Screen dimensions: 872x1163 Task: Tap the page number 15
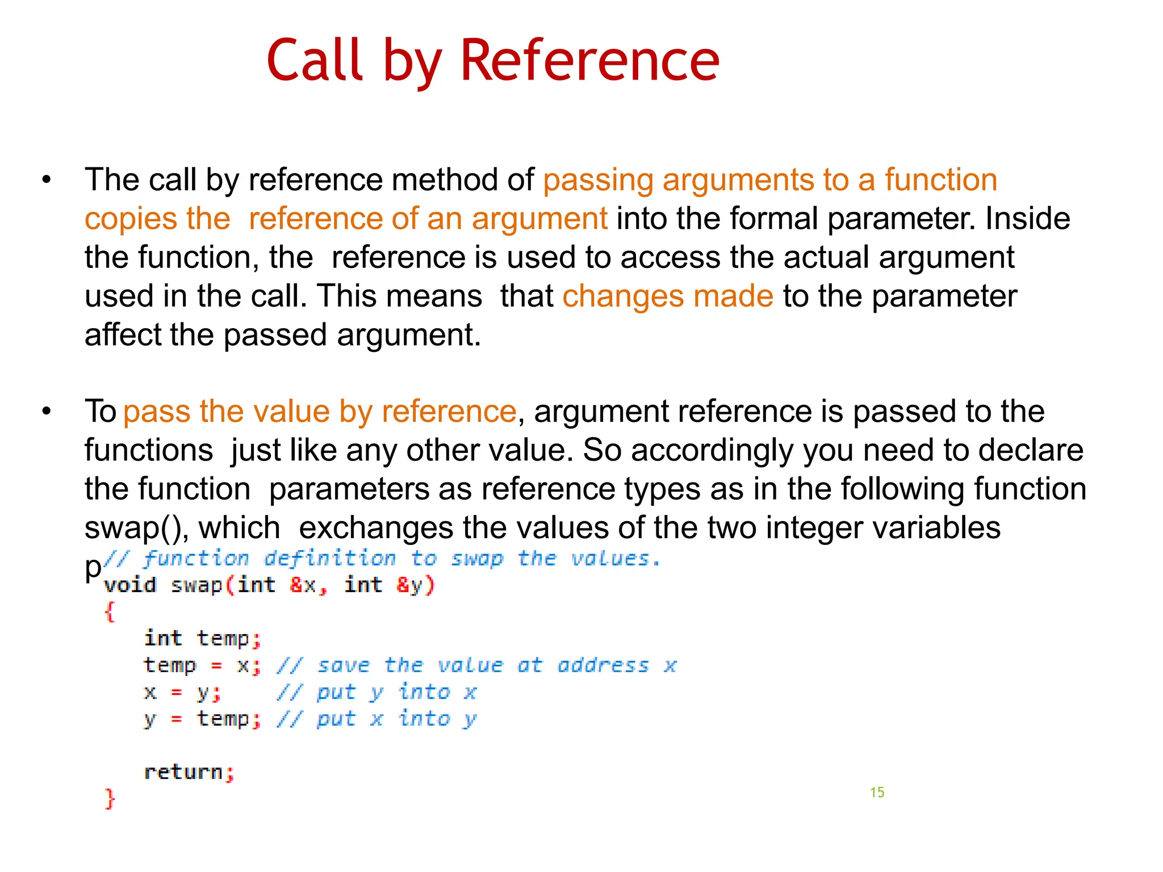[877, 793]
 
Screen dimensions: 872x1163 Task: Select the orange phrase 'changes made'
[668, 296]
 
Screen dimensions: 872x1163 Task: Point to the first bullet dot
[47, 181]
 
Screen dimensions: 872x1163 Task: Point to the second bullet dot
[47, 412]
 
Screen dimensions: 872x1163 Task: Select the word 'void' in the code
[130, 585]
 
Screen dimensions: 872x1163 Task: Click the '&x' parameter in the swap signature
[303, 585]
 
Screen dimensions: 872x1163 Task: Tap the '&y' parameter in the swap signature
[410, 585]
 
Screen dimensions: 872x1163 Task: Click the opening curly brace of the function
[110, 612]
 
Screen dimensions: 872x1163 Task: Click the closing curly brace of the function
[110, 798]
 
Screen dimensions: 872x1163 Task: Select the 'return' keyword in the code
[183, 772]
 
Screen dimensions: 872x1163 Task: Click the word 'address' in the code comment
[603, 665]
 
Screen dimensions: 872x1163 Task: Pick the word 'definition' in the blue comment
[330, 559]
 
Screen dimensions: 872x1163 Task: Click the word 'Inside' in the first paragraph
[1027, 219]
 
